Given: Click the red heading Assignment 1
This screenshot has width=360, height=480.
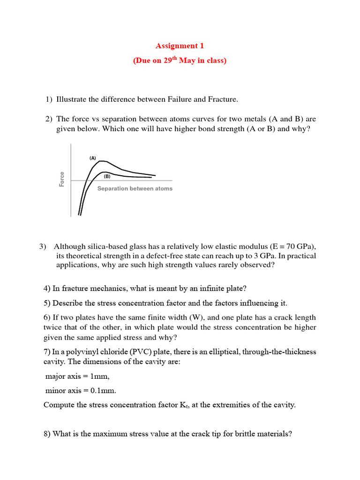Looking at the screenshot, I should (x=180, y=46).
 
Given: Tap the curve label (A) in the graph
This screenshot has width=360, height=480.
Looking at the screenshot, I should (x=93, y=158).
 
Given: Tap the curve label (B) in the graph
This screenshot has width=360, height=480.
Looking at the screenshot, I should (x=107, y=177).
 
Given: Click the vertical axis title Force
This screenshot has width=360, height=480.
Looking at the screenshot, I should (x=62, y=180).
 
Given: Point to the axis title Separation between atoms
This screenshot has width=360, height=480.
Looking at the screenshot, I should (x=135, y=188).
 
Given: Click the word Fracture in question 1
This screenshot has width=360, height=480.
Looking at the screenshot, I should (x=220, y=99).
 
